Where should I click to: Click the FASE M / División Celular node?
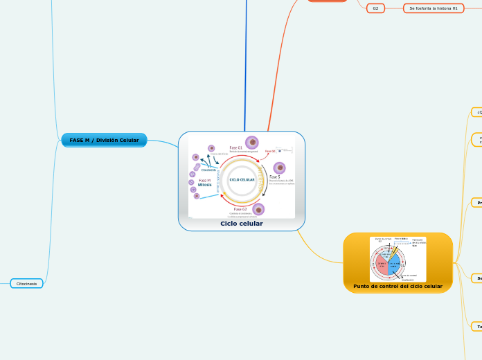coord(104,141)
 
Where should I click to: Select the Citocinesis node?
coord(27,283)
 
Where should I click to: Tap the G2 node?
coord(375,8)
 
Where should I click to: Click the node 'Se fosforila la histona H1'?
coord(434,8)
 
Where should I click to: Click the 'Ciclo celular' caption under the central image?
coord(241,224)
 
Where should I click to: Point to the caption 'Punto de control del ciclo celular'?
coord(398,286)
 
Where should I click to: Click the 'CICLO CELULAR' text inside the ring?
coord(242,179)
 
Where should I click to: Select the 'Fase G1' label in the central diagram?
coord(235,147)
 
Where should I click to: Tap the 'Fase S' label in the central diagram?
coord(274,177)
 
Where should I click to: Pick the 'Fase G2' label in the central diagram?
coord(240,208)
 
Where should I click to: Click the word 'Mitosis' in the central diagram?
coord(205,185)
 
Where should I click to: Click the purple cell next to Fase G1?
coord(252,142)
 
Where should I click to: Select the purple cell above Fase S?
coord(279,168)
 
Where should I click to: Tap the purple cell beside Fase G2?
coord(258,208)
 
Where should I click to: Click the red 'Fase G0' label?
coord(269,151)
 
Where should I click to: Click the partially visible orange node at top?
coord(328,1)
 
